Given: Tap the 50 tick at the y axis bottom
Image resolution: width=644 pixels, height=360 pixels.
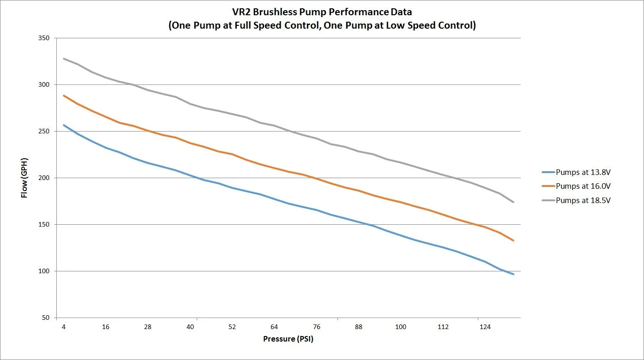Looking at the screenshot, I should click(x=46, y=318).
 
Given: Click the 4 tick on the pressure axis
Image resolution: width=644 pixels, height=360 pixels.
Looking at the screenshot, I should click(x=64, y=327).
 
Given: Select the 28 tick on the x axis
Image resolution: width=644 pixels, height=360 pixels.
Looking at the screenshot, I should click(x=148, y=327).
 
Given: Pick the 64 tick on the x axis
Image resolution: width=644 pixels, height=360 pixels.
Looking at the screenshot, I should click(x=274, y=327).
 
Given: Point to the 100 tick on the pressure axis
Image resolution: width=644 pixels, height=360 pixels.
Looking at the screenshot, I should click(x=401, y=327).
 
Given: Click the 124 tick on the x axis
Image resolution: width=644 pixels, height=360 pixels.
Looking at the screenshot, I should click(x=485, y=327).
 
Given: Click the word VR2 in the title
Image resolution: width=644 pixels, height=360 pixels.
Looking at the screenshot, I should click(x=241, y=12).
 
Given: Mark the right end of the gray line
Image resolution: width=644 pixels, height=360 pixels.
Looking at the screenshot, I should click(x=513, y=202).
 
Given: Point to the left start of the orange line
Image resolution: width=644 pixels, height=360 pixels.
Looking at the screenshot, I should click(x=64, y=96).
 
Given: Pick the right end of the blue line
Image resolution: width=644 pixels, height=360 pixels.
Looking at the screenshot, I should click(x=513, y=274).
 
